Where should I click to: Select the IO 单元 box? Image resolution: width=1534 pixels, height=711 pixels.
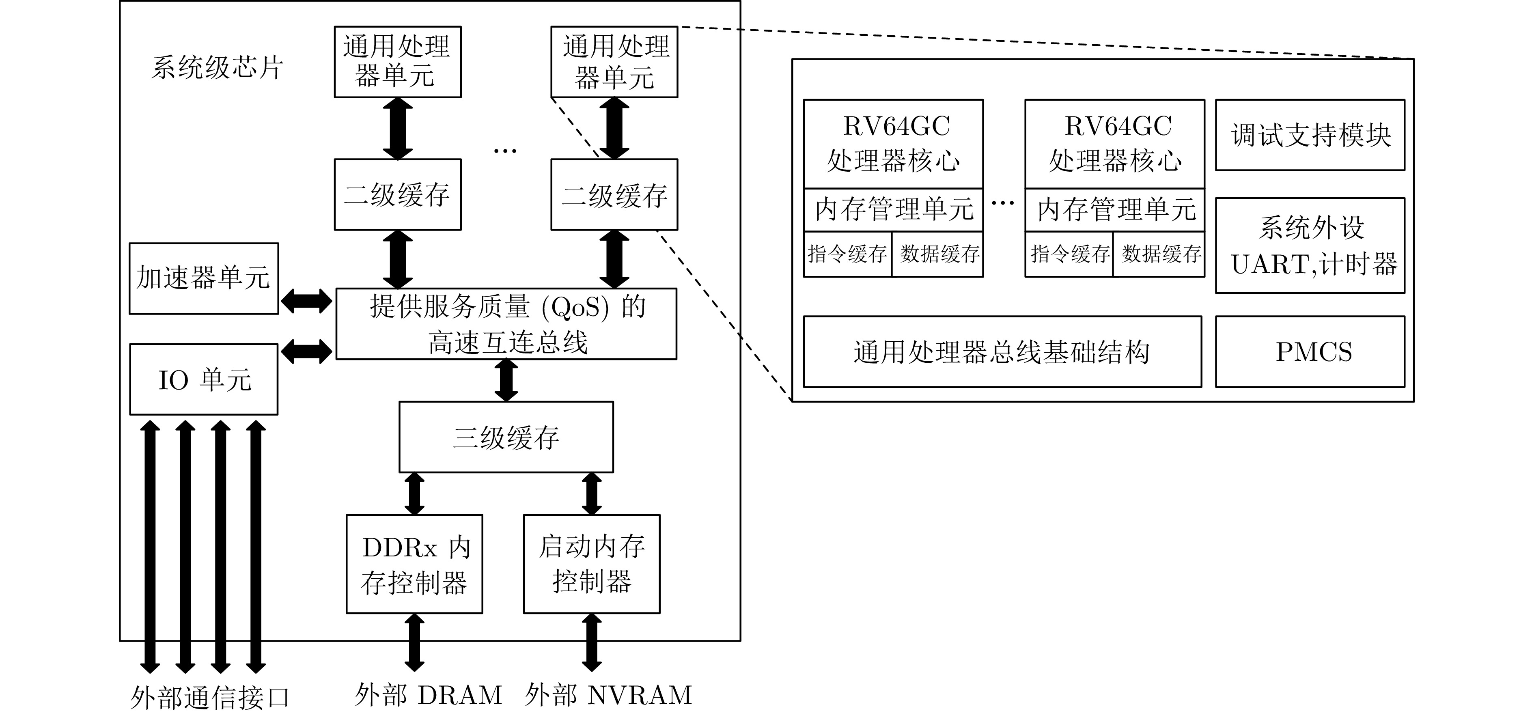pyautogui.click(x=204, y=379)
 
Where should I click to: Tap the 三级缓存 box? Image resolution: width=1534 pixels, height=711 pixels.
pyautogui.click(x=506, y=437)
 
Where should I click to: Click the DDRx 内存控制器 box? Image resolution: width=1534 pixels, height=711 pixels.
pyautogui.click(x=414, y=564)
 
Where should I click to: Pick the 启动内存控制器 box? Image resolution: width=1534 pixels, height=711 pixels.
pyautogui.click(x=591, y=564)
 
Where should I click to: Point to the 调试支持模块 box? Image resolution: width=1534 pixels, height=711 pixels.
pyautogui.click(x=1310, y=135)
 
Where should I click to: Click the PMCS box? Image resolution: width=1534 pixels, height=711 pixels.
pyautogui.click(x=1310, y=351)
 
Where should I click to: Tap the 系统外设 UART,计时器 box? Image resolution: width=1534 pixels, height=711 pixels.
pyautogui.click(x=1310, y=246)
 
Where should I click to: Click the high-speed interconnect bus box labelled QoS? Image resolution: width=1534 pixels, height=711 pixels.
pyautogui.click(x=506, y=324)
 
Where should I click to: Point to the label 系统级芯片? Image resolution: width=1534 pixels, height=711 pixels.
pyautogui.click(x=217, y=67)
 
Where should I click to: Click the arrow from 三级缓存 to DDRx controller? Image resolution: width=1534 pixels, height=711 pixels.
pyautogui.click(x=414, y=493)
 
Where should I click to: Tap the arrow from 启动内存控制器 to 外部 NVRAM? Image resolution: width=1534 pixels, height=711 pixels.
pyautogui.click(x=591, y=642)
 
